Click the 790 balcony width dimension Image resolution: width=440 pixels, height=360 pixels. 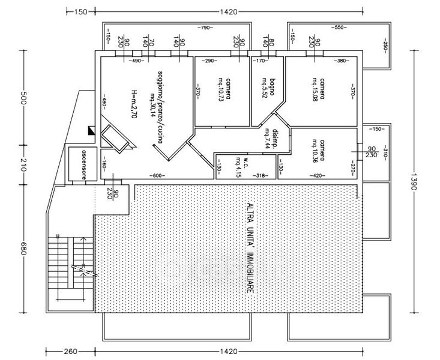coord(206,28)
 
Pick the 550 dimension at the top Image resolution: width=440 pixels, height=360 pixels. coord(339,28)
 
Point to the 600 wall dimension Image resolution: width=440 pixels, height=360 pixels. coord(157,176)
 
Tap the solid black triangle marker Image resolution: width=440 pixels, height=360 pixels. coord(91,129)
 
